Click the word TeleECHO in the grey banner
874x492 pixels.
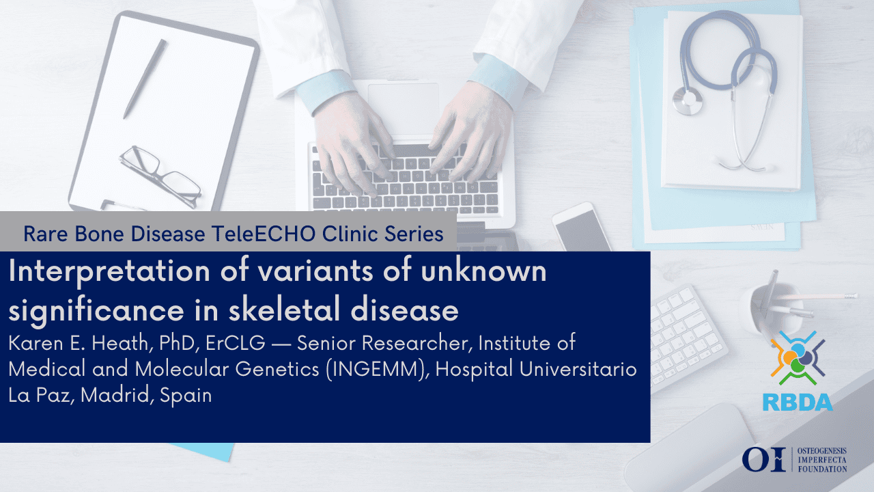tap(264, 234)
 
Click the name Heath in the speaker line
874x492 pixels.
tap(120, 344)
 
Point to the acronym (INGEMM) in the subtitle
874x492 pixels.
tap(378, 370)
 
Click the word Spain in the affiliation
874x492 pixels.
tap(186, 396)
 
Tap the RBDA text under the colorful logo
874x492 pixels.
tap(798, 402)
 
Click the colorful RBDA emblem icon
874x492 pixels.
tap(798, 358)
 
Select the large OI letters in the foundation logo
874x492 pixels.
tap(763, 460)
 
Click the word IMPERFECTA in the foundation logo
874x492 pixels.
tap(822, 460)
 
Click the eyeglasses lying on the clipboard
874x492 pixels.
tap(160, 176)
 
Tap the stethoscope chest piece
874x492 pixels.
tap(688, 100)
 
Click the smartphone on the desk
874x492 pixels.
tap(581, 228)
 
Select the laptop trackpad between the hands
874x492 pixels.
tap(404, 105)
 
